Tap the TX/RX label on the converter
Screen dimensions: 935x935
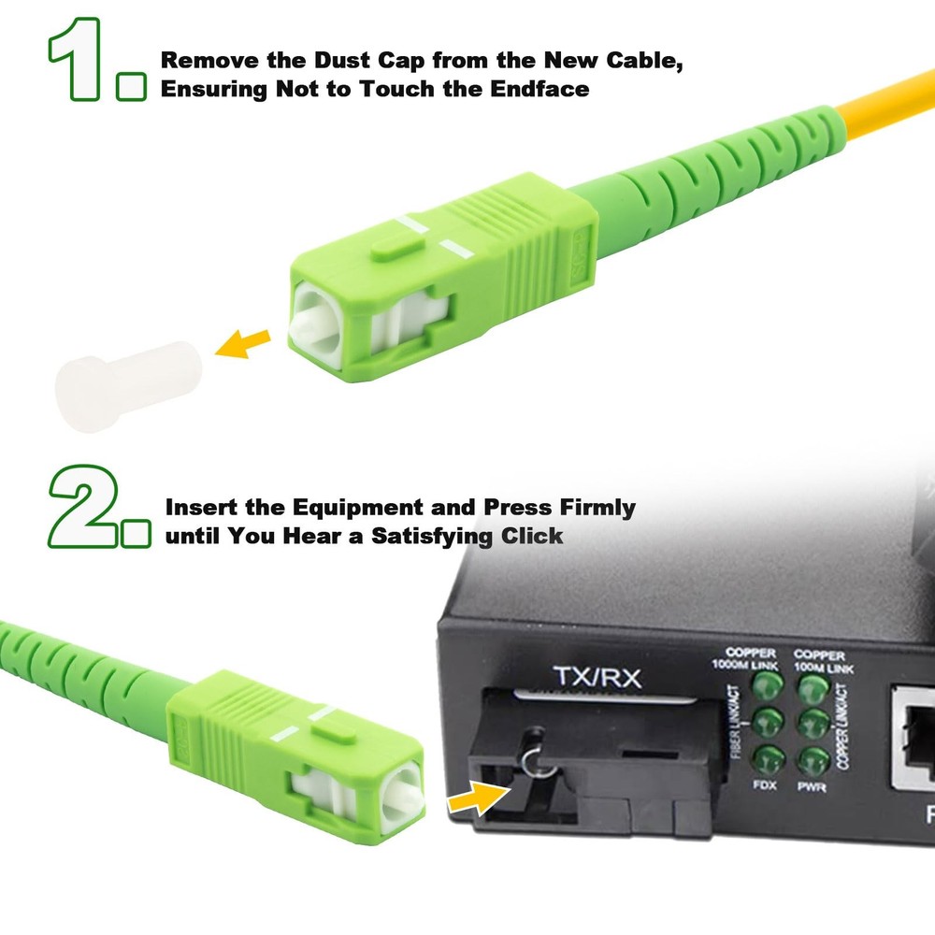coord(597,677)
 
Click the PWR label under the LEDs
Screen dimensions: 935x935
coord(813,787)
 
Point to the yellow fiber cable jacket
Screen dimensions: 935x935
coord(841,112)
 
